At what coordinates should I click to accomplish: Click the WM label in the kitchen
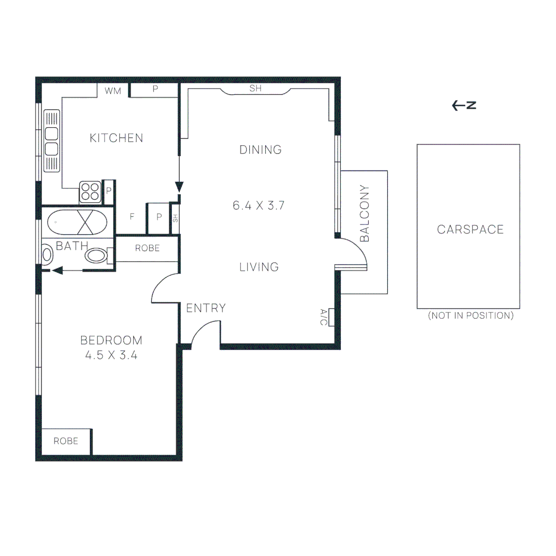click(x=112, y=91)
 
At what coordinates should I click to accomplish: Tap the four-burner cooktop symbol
click(x=90, y=192)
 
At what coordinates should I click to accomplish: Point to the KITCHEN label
click(x=116, y=138)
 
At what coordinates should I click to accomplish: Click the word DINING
click(x=260, y=150)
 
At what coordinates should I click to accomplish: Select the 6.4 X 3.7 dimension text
click(x=259, y=205)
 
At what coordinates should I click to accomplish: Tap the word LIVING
click(x=259, y=267)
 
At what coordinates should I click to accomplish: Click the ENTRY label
click(x=206, y=308)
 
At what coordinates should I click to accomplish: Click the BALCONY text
click(x=365, y=213)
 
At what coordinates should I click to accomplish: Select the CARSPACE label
click(x=470, y=230)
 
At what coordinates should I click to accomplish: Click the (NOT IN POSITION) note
click(x=471, y=316)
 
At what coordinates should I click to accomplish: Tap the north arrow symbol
click(x=464, y=106)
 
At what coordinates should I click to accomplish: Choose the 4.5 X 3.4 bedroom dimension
click(x=111, y=355)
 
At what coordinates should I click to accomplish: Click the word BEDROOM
click(x=111, y=340)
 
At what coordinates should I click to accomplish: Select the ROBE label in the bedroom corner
click(x=66, y=441)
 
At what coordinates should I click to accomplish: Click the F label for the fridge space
click(x=132, y=217)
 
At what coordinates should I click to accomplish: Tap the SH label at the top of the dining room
click(x=256, y=89)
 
